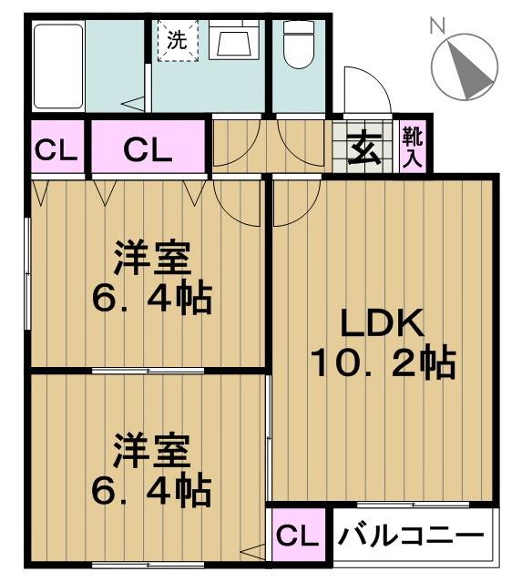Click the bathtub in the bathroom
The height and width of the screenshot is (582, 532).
(58, 66)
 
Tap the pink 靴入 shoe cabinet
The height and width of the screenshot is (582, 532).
(413, 147)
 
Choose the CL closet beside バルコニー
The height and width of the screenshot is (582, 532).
(296, 536)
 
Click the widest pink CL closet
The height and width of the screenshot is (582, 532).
(148, 148)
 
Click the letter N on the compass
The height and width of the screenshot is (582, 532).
(437, 28)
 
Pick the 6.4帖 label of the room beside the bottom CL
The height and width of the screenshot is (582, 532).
(152, 492)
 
